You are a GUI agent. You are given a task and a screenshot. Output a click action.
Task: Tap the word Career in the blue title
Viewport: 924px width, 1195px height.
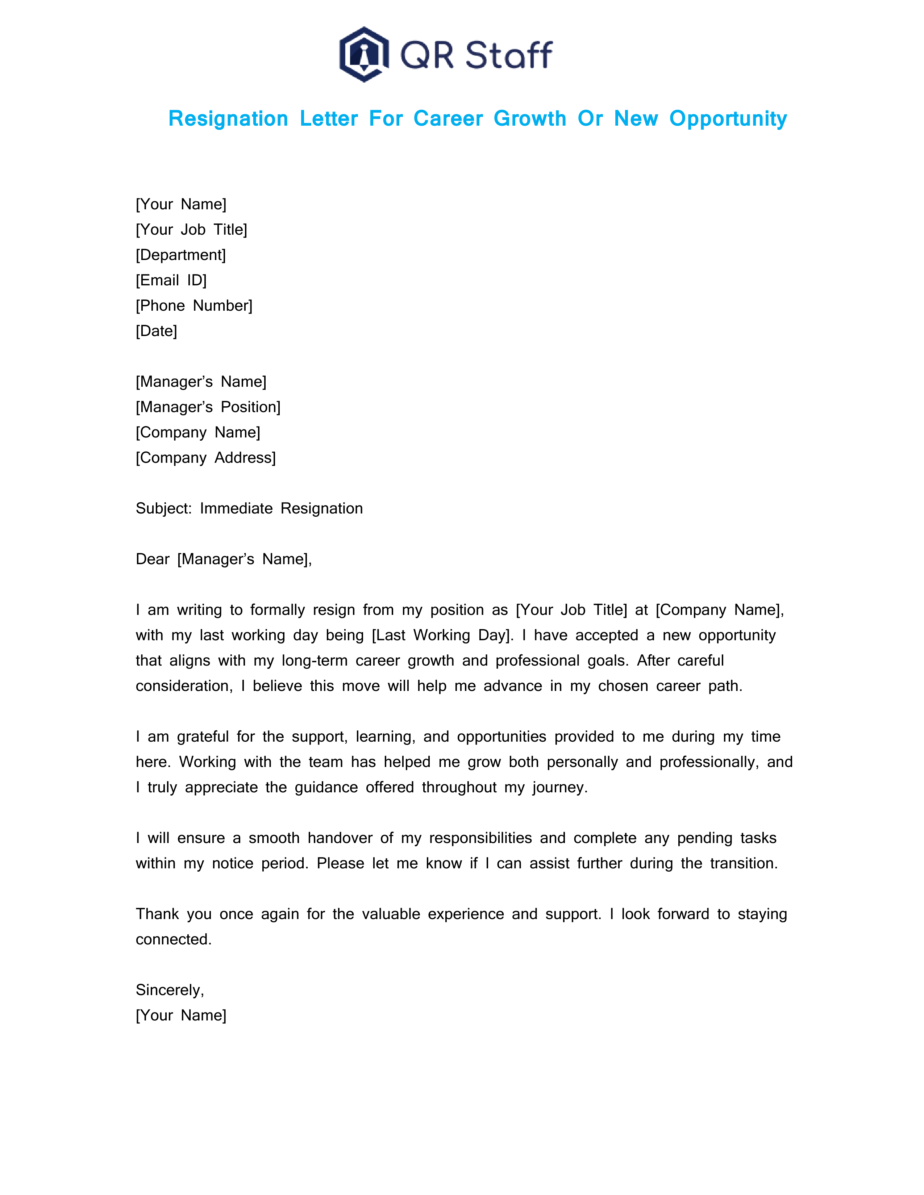click(448, 119)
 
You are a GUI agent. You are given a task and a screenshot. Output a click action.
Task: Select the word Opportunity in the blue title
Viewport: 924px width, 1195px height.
click(728, 119)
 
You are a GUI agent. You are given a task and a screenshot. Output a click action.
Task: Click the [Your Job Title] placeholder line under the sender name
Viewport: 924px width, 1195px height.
click(192, 230)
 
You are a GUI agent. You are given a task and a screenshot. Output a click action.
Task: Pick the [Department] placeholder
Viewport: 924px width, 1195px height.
click(181, 255)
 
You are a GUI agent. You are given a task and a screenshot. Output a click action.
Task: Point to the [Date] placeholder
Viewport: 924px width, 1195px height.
click(157, 331)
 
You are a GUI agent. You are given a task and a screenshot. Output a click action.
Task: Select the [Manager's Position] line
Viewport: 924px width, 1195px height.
click(208, 407)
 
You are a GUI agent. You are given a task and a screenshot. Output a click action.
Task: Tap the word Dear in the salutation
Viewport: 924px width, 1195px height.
click(152, 559)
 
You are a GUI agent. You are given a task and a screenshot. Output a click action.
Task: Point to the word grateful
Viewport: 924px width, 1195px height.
click(203, 737)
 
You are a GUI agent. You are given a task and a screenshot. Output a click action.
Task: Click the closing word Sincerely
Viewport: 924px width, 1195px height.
click(169, 990)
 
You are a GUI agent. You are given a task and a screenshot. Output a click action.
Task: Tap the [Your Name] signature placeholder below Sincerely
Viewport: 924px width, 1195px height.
click(181, 1015)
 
